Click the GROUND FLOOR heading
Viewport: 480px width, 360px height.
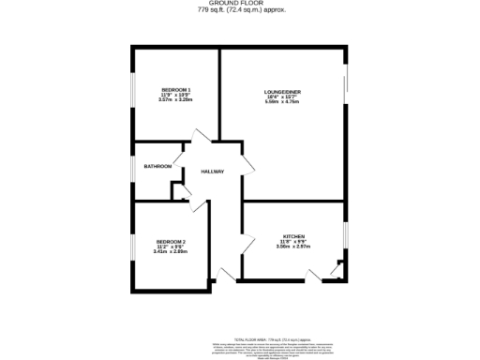[x=240, y=4]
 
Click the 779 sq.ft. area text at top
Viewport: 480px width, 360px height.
[x=240, y=10]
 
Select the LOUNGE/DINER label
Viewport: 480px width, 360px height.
[x=281, y=91]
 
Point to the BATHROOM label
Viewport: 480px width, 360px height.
[x=157, y=167]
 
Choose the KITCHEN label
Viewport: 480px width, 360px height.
[x=293, y=236]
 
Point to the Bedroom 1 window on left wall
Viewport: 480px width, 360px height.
[x=132, y=97]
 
